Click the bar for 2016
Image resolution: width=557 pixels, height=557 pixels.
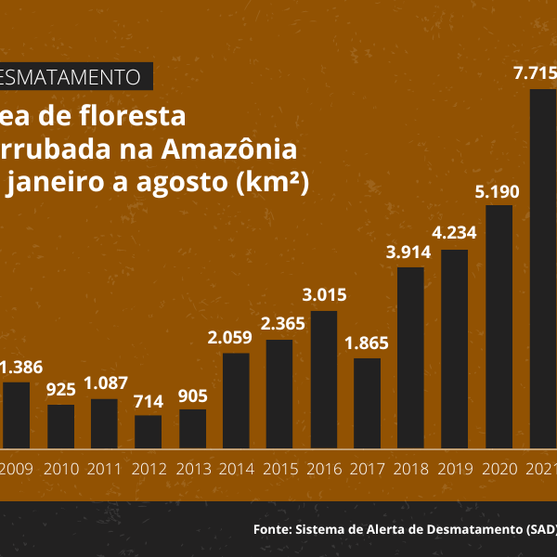[x=324, y=380]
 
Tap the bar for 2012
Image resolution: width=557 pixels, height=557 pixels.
[x=148, y=432]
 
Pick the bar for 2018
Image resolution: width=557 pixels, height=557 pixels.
[x=411, y=357]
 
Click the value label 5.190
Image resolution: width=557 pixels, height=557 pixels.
[x=499, y=192]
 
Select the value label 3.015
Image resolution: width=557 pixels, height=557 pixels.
[x=324, y=296]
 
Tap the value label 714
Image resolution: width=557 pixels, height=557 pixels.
[x=148, y=401]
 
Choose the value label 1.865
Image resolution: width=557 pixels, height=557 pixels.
[x=368, y=343]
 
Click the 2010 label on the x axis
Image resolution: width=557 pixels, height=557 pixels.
[x=60, y=469]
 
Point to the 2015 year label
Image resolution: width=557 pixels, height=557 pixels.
[x=279, y=469]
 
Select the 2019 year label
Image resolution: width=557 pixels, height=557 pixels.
[x=454, y=469]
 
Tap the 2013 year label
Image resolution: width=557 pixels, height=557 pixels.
[x=192, y=469]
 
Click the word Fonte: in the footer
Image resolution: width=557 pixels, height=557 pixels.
[x=272, y=530]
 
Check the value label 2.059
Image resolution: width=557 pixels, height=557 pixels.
[x=236, y=338]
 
